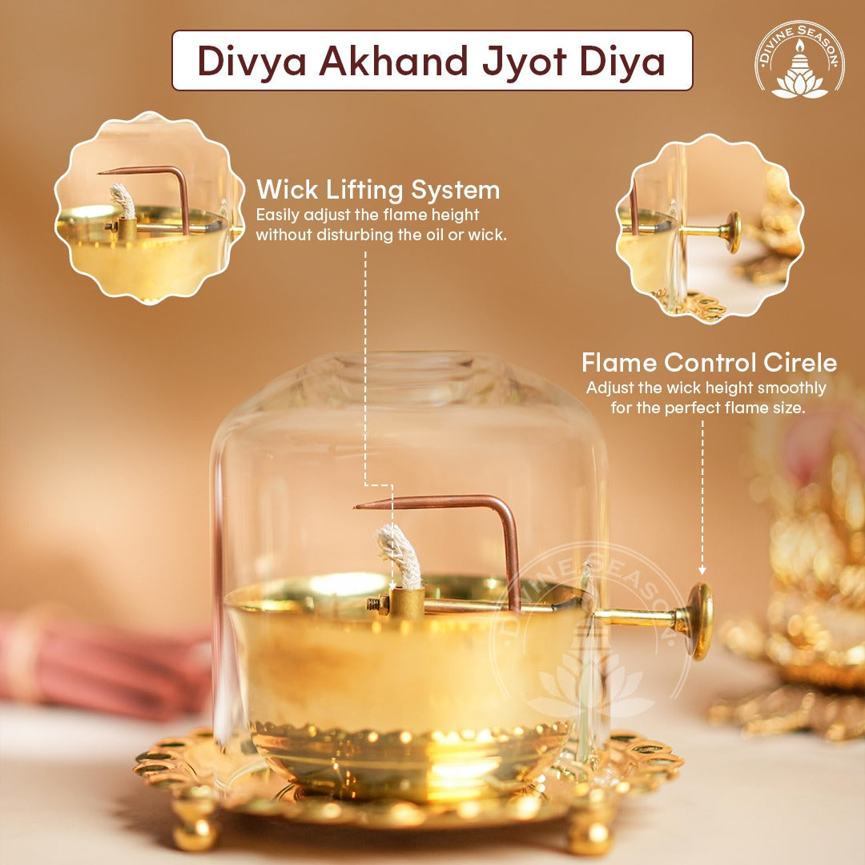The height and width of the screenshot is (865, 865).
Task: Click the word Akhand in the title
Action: click(x=392, y=61)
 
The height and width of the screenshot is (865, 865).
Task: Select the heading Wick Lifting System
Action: click(x=378, y=191)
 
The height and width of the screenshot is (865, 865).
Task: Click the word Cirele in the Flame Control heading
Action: click(x=800, y=363)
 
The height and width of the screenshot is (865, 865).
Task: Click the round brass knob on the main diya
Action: click(x=699, y=621)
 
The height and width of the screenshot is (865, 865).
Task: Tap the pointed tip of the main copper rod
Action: click(x=356, y=505)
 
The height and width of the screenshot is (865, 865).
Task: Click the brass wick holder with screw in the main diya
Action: click(x=396, y=603)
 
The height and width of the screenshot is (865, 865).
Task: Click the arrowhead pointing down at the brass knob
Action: click(x=702, y=570)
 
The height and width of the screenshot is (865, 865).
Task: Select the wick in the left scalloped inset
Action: click(x=123, y=201)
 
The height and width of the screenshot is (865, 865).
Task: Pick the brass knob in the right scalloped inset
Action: click(x=733, y=233)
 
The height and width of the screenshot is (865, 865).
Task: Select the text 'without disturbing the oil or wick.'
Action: click(x=381, y=235)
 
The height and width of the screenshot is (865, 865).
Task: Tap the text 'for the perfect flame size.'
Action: click(x=708, y=408)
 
